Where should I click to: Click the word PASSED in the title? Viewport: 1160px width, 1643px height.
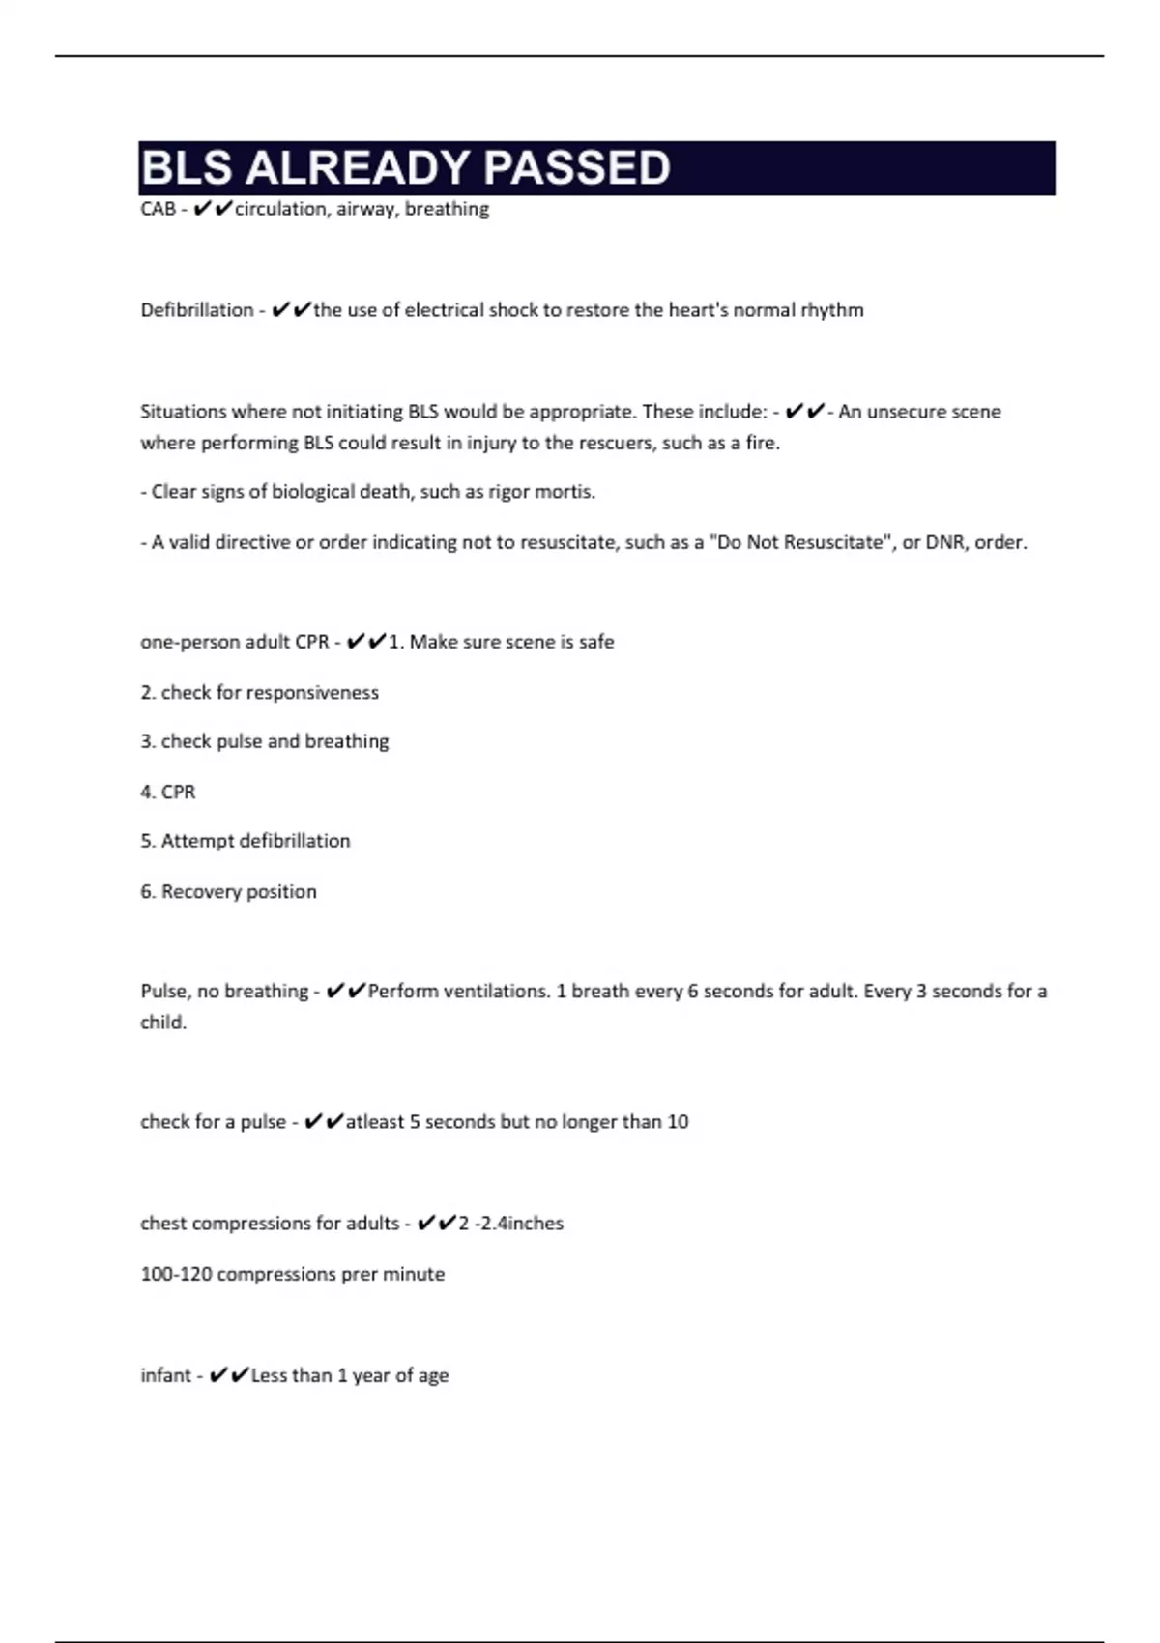click(576, 168)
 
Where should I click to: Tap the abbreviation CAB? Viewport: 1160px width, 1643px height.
click(158, 209)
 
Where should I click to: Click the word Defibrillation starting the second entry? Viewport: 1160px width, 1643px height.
click(197, 310)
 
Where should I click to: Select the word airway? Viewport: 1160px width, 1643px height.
click(365, 209)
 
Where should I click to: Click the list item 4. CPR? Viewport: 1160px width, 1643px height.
click(168, 792)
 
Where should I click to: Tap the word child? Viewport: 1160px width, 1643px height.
click(162, 1023)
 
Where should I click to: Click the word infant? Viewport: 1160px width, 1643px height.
click(165, 1375)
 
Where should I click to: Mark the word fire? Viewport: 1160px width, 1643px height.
click(762, 444)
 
